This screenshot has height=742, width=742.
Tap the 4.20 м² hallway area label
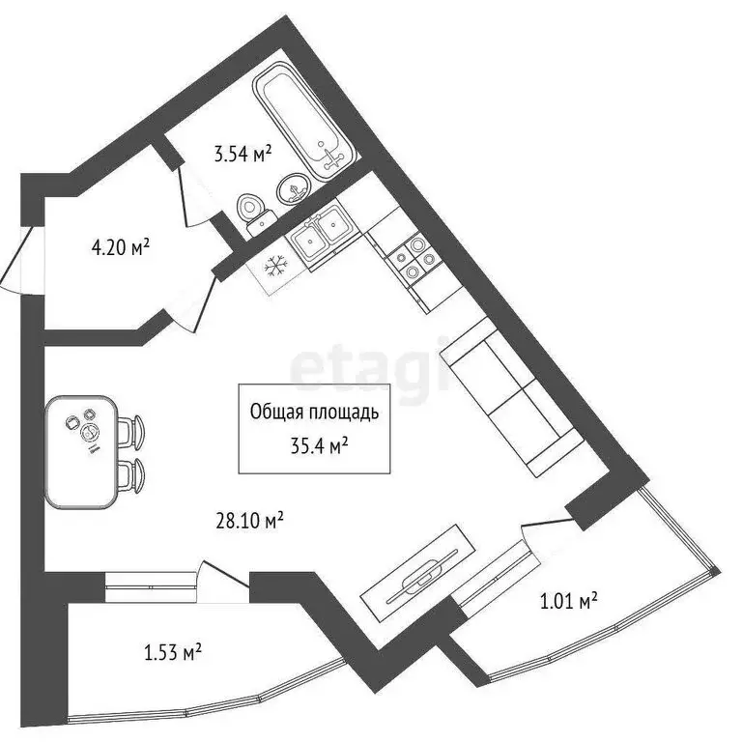(x=120, y=248)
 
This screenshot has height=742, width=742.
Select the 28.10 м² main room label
(x=248, y=521)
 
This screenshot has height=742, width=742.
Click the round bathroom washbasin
(x=293, y=189)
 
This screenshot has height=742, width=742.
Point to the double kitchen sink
(x=320, y=233)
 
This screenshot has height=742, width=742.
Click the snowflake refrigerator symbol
(x=274, y=263)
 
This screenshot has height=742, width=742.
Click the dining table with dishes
(x=81, y=451)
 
